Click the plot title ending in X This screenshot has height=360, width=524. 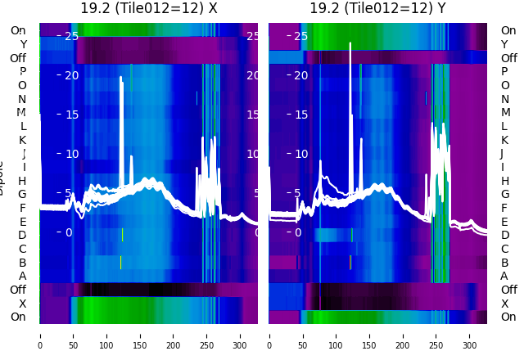[x=149, y=9]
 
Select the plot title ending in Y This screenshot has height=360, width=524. [x=377, y=9]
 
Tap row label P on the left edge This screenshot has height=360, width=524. [x=22, y=72]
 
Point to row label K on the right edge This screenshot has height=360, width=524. [x=504, y=140]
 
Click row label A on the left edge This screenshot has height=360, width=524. [x=22, y=276]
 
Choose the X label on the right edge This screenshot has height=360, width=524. [x=504, y=304]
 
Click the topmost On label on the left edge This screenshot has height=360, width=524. [x=18, y=30]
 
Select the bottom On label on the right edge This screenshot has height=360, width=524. [x=508, y=317]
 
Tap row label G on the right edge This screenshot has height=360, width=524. [x=504, y=194]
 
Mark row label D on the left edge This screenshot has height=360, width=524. [x=22, y=236]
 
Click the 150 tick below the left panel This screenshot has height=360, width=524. [x=140, y=335]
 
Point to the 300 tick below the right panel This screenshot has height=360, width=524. [x=470, y=335]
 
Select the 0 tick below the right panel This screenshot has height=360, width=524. [x=269, y=335]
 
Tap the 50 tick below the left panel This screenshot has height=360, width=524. [x=73, y=335]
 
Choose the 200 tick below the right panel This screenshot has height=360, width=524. [x=403, y=335]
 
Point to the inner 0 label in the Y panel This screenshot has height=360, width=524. [x=297, y=232]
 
